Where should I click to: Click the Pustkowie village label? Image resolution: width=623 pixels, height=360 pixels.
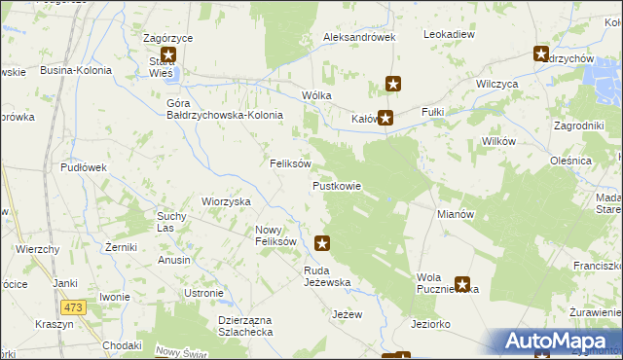[x=337, y=186]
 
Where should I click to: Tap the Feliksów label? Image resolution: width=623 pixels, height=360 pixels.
[x=290, y=163]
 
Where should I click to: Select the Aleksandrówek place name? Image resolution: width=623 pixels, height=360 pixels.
[x=359, y=37]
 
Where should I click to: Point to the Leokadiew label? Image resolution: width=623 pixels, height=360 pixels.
[x=449, y=34]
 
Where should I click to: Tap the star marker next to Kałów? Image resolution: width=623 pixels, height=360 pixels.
[x=385, y=119]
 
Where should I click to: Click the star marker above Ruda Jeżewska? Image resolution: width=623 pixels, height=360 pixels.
[x=323, y=243]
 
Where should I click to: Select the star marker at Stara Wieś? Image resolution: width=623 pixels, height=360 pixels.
[x=168, y=55]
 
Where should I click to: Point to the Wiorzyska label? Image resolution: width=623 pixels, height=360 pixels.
[x=226, y=201]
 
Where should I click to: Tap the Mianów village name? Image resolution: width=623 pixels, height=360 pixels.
[x=456, y=213]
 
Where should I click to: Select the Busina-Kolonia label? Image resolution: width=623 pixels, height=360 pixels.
[x=76, y=70]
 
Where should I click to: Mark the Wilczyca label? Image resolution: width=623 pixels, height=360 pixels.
[x=496, y=85]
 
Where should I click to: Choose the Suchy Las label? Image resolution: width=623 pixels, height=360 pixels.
[x=171, y=221]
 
